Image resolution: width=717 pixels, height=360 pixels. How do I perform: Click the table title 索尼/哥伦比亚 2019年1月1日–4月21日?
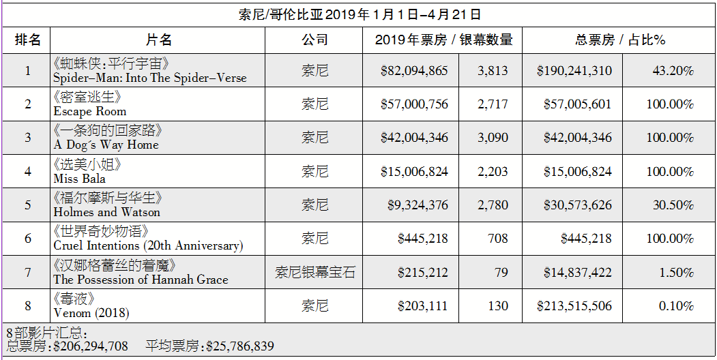pyautogui.click(x=360, y=14)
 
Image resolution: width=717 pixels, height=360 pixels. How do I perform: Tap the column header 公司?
pyautogui.click(x=315, y=40)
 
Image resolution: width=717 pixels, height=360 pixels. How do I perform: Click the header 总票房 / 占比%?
pyautogui.click(x=619, y=40)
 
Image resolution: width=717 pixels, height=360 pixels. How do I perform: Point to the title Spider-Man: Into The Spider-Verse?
pyautogui.click(x=150, y=78)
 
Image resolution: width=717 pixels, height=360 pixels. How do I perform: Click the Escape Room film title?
pyautogui.click(x=90, y=111)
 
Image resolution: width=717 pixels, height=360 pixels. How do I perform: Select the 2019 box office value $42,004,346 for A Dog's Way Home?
pyautogui.click(x=414, y=138)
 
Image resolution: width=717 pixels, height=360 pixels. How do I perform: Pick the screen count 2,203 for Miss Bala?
pyautogui.click(x=493, y=171)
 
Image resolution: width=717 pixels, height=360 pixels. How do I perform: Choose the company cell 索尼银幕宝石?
pyautogui.click(x=315, y=272)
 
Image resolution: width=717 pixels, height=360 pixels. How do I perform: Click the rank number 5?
pyautogui.click(x=28, y=205)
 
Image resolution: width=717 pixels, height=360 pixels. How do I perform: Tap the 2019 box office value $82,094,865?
pyautogui.click(x=414, y=71)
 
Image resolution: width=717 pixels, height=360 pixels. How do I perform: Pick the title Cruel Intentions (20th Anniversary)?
pyautogui.click(x=148, y=245)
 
